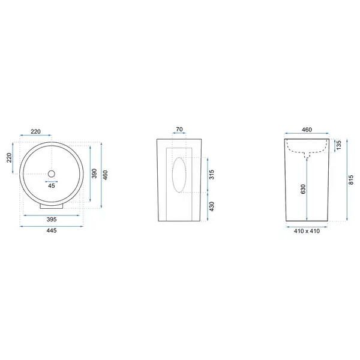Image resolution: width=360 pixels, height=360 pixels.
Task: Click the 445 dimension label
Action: (52, 230)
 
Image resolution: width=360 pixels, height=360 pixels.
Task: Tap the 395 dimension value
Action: (52, 219)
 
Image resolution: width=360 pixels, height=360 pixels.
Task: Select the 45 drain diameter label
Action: (52, 185)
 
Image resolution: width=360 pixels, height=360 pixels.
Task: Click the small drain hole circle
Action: (52, 174)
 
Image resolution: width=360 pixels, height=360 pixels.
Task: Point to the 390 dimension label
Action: (94, 173)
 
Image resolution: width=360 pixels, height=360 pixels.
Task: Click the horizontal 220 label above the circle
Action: (35, 131)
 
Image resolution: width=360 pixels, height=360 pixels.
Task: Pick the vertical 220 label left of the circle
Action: (9, 158)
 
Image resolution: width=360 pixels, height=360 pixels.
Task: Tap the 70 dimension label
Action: (179, 129)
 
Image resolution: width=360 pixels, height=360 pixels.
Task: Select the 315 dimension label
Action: (212, 175)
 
